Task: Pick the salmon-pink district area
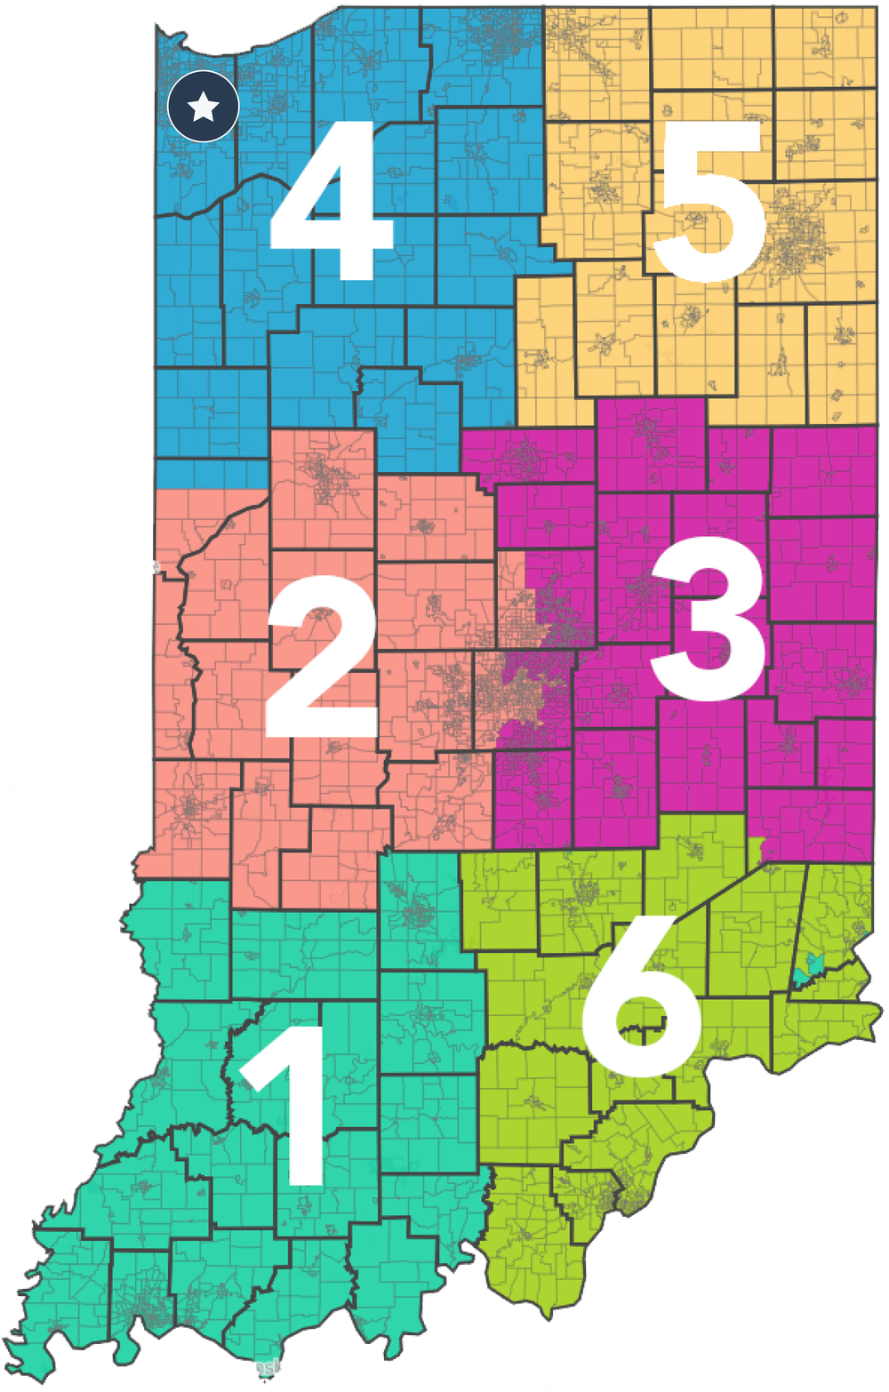pyautogui.click(x=222, y=622)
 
